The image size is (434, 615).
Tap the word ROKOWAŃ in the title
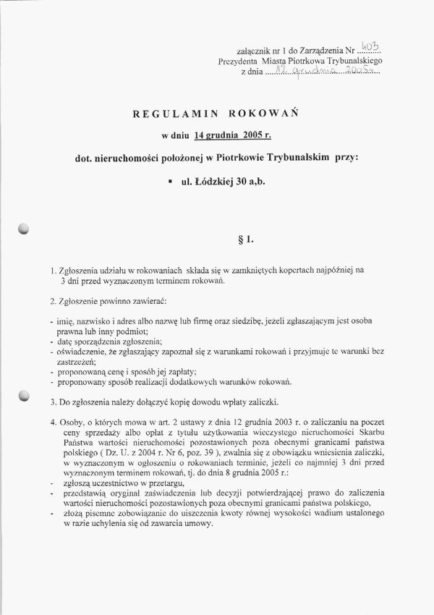pyautogui.click(x=259, y=114)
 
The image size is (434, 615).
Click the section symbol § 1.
pyautogui.click(x=244, y=237)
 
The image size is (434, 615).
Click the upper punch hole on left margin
pyautogui.click(x=25, y=229)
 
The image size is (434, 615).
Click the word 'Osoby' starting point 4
pyautogui.click(x=73, y=421)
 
